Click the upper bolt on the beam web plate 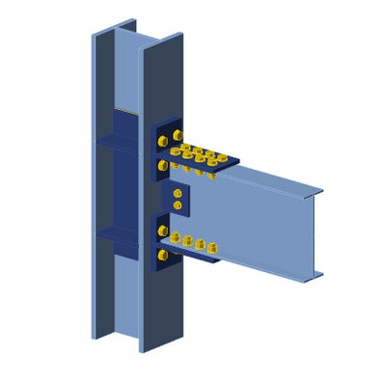point(177,195)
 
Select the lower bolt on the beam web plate point(177,205)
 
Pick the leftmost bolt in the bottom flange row point(176,238)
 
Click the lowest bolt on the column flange point(162,257)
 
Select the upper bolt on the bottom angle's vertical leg point(161,231)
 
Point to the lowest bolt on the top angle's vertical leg point(161,166)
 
